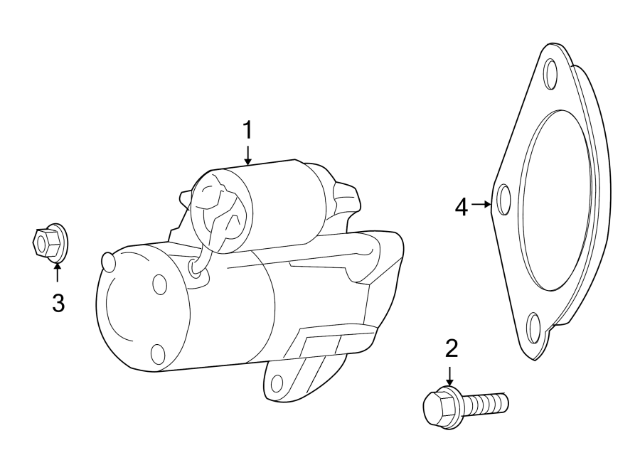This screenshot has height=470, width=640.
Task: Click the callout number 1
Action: pyautogui.click(x=247, y=131)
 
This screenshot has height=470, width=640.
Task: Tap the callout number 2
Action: pyautogui.click(x=451, y=348)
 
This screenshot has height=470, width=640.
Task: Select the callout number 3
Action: pyautogui.click(x=58, y=303)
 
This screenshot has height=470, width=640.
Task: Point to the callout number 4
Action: pyautogui.click(x=462, y=207)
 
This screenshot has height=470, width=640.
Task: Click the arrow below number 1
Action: pyautogui.click(x=247, y=155)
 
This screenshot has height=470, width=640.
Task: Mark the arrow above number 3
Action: pyautogui.click(x=58, y=272)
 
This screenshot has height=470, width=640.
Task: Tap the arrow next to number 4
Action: pyautogui.click(x=482, y=204)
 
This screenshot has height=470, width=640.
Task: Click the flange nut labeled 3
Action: pyautogui.click(x=49, y=243)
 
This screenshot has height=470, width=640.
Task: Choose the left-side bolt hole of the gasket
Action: pyautogui.click(x=504, y=200)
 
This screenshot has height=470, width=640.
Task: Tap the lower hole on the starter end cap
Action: pyautogui.click(x=158, y=353)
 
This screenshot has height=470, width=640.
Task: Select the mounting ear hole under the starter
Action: pyautogui.click(x=277, y=384)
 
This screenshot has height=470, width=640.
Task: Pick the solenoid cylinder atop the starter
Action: pyautogui.click(x=270, y=206)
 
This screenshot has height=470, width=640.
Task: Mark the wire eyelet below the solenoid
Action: pyautogui.click(x=195, y=267)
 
